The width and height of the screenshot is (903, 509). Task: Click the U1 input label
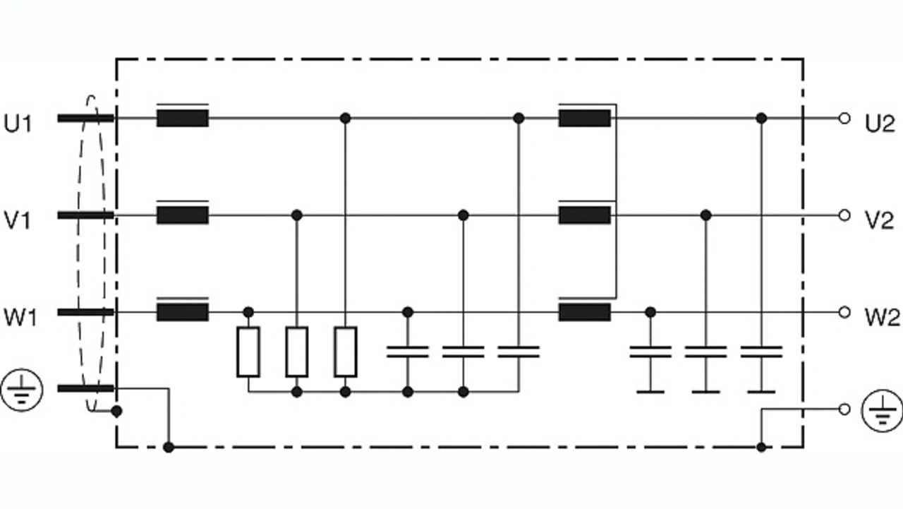coord(19,124)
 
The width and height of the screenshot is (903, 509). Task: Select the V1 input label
coord(19,221)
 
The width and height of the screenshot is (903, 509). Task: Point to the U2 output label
coord(880,124)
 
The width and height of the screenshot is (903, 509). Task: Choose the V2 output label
coord(880,221)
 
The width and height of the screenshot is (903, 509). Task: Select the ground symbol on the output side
coord(881,410)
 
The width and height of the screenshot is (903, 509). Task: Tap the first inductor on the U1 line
coord(182,118)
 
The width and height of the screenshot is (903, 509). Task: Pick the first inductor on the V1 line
coord(182,215)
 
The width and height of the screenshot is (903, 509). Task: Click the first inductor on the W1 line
coord(182,312)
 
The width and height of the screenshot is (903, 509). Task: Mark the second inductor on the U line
coord(584,118)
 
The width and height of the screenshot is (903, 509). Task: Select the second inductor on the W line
coord(584,312)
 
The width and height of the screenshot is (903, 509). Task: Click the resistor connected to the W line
coord(248,352)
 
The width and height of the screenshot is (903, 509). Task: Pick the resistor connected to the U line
coord(345,352)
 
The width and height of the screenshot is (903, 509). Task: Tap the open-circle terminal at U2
coord(844,118)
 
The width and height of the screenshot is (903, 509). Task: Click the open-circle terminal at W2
coord(844,312)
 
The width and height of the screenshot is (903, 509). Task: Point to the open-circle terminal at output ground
coord(844,409)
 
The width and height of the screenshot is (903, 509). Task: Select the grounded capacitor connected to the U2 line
coord(760,352)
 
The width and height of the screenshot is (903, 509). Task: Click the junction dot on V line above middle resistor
coord(297,215)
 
